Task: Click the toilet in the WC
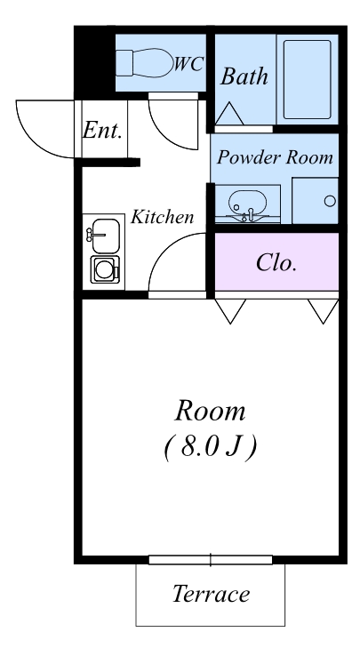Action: [145, 63]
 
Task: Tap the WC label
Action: [189, 64]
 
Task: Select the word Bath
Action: [244, 76]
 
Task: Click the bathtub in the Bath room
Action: [308, 79]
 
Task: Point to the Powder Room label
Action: [275, 157]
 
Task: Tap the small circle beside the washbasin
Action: [330, 201]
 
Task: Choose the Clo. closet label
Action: [276, 263]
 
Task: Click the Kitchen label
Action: [162, 217]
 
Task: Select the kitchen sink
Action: [106, 236]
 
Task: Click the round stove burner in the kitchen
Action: [104, 270]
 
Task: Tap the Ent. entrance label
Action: [102, 130]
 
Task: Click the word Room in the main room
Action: [210, 411]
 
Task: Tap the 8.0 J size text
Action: [211, 447]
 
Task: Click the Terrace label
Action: [211, 594]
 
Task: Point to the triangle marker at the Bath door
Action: [229, 114]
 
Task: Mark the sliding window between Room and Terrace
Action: [211, 560]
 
